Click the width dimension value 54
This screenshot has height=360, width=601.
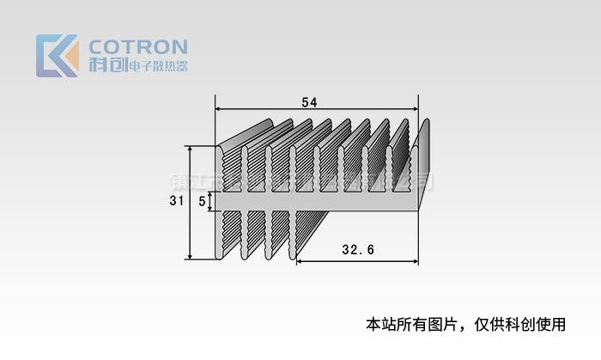point(309,102)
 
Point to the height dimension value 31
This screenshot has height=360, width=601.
point(176,201)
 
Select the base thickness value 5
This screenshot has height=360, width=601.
point(202,201)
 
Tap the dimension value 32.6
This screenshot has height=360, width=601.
point(356,250)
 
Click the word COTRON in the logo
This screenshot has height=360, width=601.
point(137,46)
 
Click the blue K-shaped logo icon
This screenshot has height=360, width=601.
point(52,56)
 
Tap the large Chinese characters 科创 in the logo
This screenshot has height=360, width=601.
point(106,66)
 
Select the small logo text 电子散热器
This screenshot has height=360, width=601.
point(156,67)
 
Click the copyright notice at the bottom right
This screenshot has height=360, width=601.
point(465,324)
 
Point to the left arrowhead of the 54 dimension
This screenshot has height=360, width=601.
point(218,109)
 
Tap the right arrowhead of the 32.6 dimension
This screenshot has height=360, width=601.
point(415,261)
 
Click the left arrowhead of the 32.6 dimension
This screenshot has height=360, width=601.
point(300,261)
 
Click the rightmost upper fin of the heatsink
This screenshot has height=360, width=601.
point(420,163)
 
